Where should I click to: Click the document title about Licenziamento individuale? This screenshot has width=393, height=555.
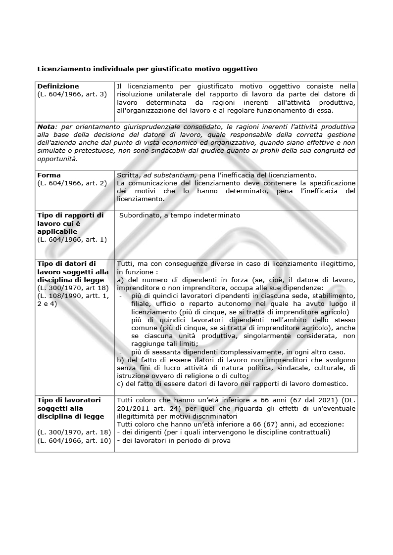(147, 69)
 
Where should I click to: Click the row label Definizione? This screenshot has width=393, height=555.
(58, 86)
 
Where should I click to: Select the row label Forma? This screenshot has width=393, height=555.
(49, 175)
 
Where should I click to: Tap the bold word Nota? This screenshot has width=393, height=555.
(47, 127)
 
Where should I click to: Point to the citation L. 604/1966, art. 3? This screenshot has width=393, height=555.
(72, 94)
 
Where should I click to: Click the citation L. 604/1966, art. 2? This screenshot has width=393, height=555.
(72, 183)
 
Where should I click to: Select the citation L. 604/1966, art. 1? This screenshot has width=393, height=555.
(72, 239)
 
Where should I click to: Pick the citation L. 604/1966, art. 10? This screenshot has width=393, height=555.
(74, 441)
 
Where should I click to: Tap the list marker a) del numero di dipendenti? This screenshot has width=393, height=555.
(120, 280)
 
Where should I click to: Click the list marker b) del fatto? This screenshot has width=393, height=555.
(120, 360)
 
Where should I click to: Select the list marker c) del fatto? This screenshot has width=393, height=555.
(120, 384)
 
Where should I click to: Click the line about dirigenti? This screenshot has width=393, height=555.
(223, 432)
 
